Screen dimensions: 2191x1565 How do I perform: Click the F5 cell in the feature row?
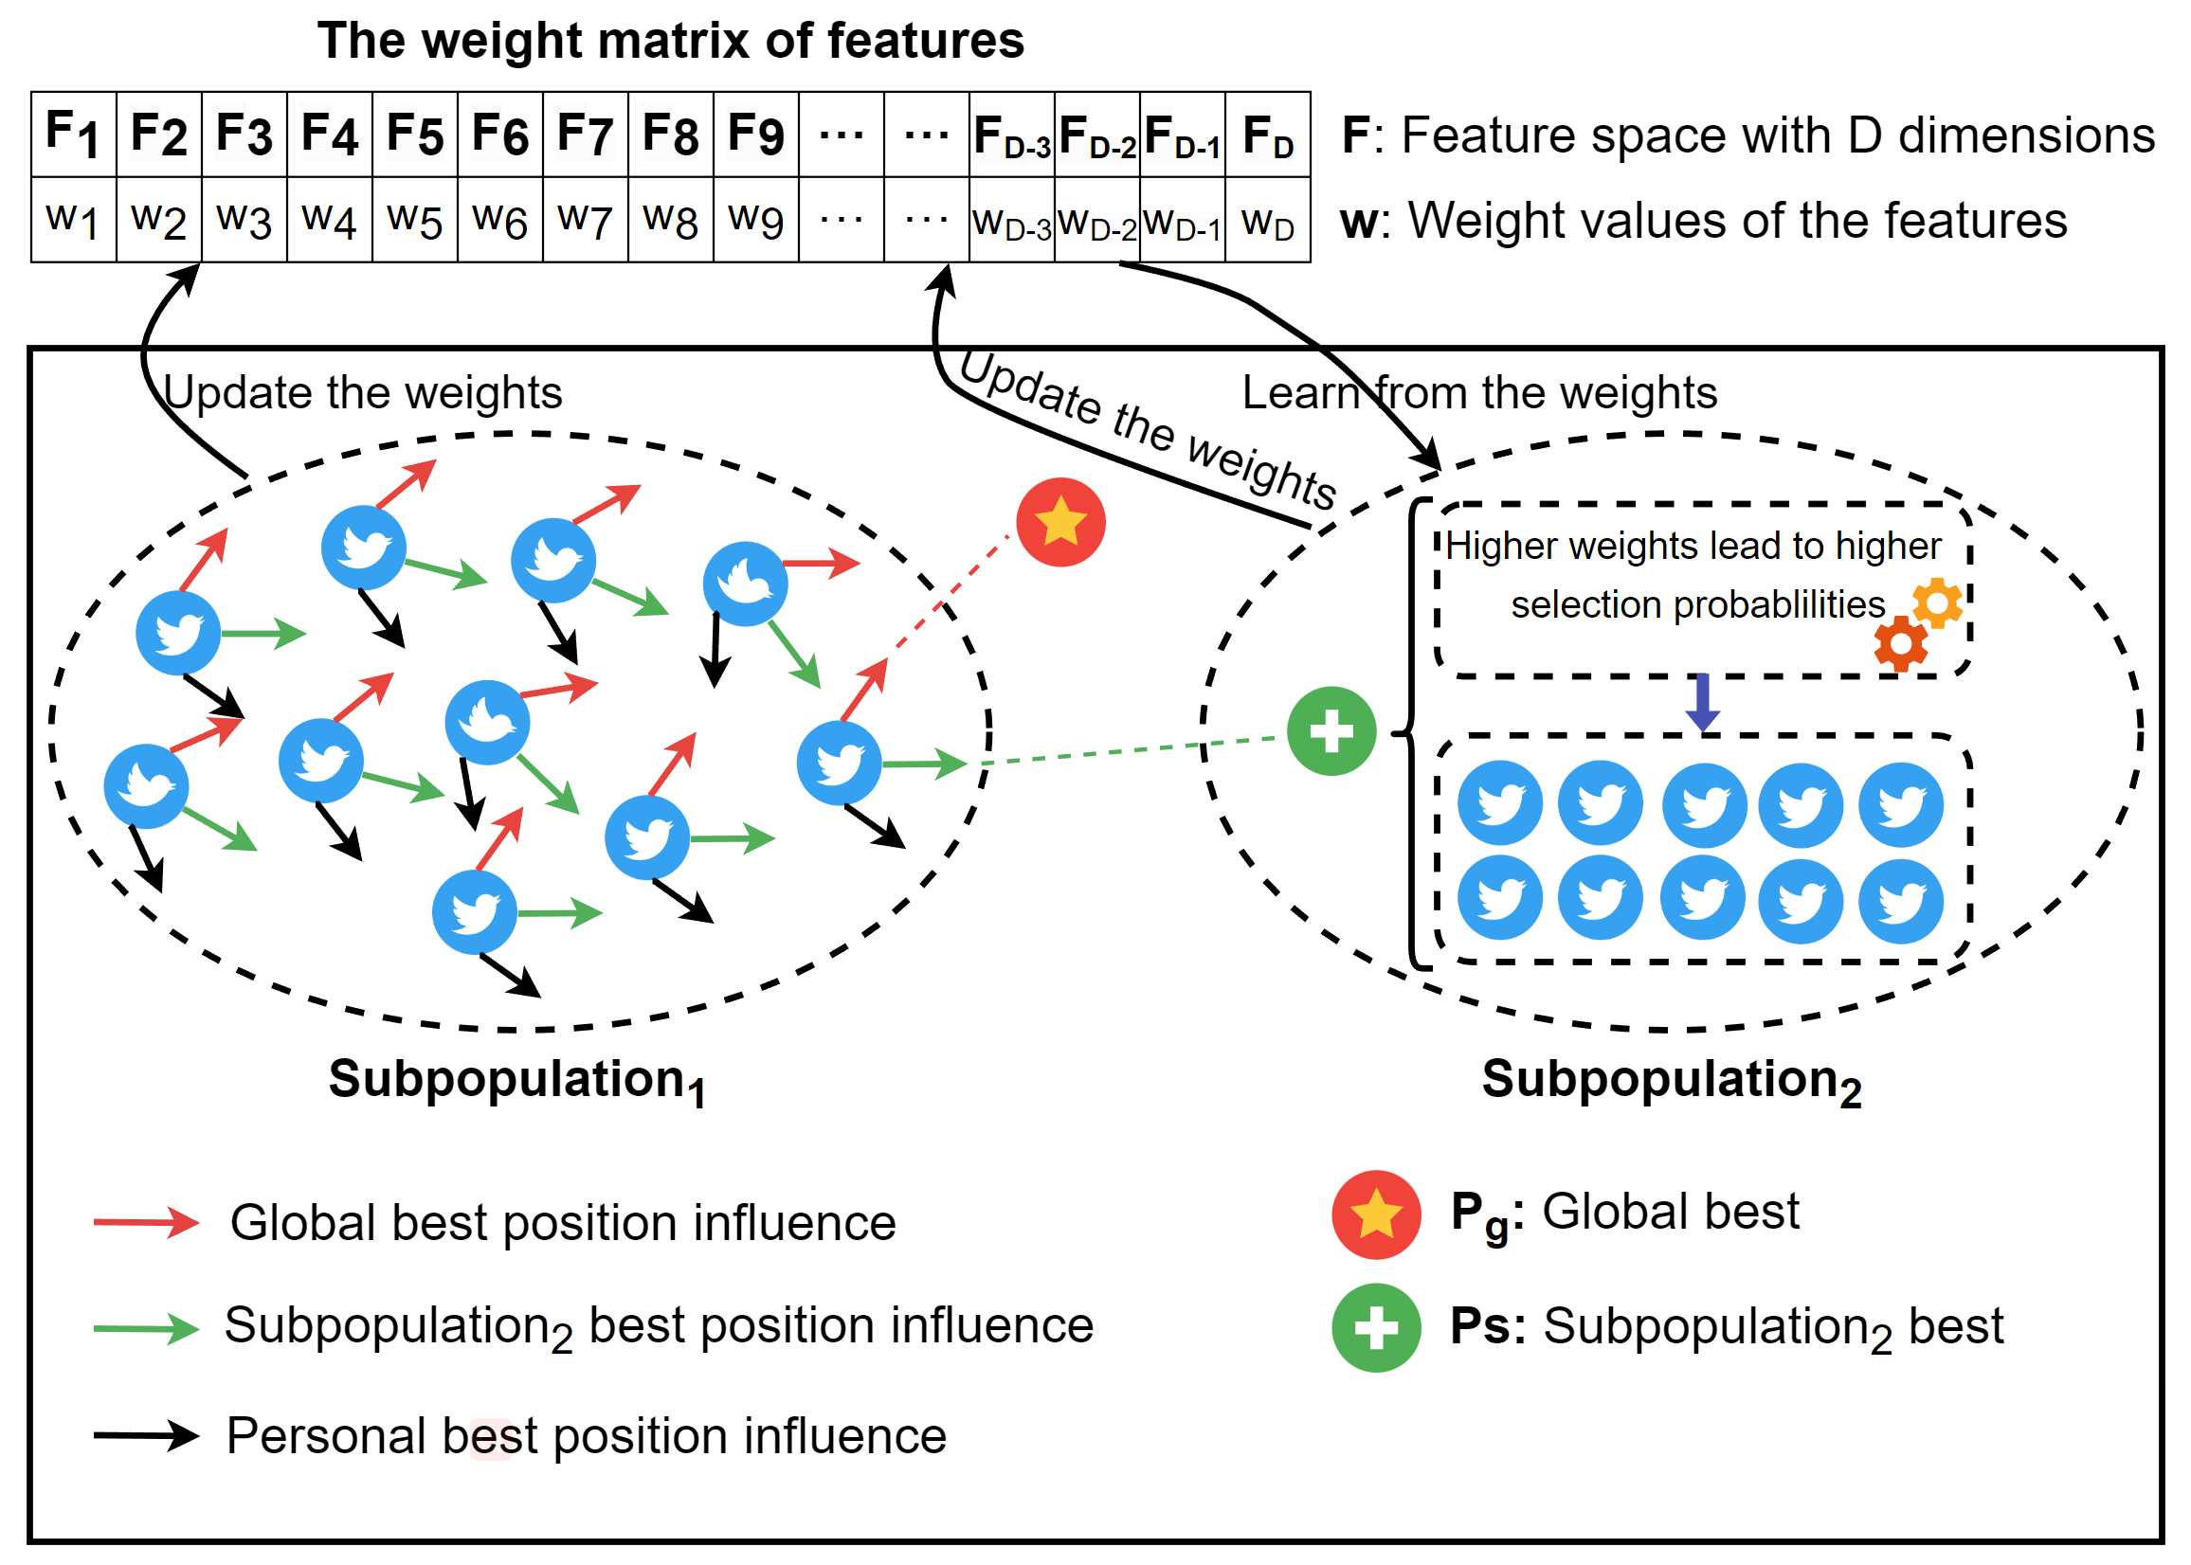415,134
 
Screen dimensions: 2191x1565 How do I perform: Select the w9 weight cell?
756,220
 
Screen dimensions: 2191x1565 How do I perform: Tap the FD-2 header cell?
1098,134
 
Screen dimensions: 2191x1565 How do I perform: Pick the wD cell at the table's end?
1269,220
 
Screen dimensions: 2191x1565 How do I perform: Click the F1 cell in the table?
74,134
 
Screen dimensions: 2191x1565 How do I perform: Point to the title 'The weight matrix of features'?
671,41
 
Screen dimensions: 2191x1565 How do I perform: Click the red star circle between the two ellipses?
1061,522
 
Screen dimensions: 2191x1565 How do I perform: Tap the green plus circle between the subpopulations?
1332,731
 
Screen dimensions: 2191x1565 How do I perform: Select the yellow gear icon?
1937,603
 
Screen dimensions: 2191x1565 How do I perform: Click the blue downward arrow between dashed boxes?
1703,703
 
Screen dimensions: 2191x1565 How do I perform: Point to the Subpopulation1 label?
516,1080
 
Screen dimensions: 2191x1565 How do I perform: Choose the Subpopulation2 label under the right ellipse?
1672,1080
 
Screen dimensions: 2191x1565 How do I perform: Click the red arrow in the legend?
147,1222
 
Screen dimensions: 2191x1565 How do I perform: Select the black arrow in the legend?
147,1435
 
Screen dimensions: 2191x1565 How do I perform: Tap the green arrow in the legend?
147,1328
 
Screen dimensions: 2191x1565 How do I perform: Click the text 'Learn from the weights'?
1479,393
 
